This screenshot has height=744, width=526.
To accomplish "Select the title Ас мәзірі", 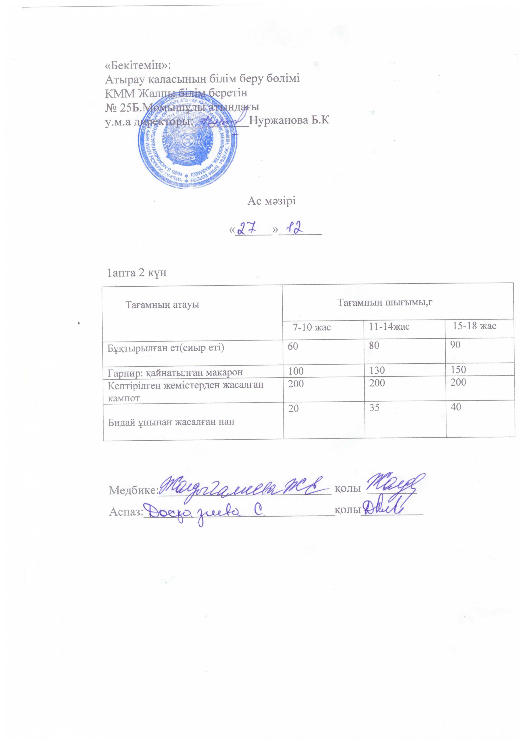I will tap(271, 201).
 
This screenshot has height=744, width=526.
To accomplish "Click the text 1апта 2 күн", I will tap(137, 273).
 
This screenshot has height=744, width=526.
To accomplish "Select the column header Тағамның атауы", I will tap(162, 305).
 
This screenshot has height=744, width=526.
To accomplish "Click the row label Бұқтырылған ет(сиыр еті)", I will tap(166, 348).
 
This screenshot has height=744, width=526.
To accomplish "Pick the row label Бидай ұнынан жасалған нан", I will tap(171, 422).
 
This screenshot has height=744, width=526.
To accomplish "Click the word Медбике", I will tap(133, 490).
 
